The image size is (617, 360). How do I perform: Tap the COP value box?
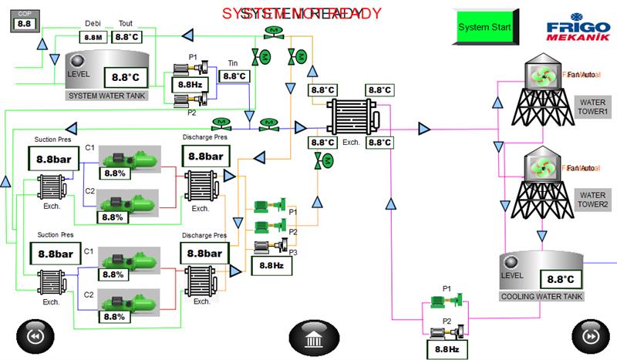click(x=24, y=24)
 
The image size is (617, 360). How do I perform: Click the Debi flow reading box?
click(x=93, y=36)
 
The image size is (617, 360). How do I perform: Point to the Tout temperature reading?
click(x=126, y=36)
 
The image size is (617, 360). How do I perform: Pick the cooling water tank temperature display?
click(x=561, y=279)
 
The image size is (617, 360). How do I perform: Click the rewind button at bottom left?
click(x=34, y=337)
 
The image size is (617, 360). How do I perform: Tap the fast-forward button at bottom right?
click(x=590, y=337)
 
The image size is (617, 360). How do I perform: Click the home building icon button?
click(x=314, y=337)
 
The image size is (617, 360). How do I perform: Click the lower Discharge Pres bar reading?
click(x=204, y=253)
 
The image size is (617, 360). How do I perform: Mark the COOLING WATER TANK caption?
click(x=542, y=296)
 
